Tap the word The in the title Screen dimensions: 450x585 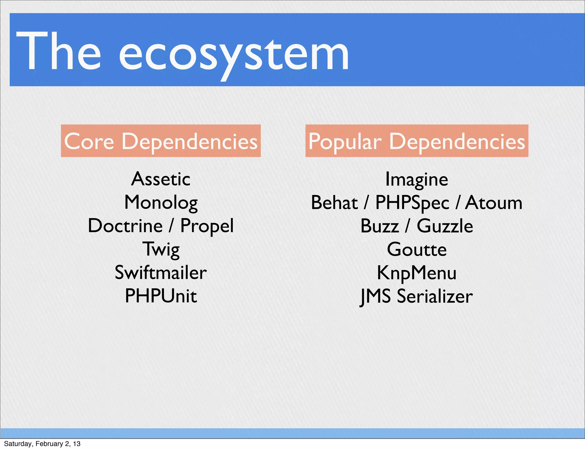click(59, 51)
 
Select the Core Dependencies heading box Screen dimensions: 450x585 click(161, 141)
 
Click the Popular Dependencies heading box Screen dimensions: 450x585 click(417, 141)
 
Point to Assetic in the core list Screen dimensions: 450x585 click(161, 179)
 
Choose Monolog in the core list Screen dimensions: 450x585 click(161, 203)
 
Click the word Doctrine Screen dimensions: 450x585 click(125, 226)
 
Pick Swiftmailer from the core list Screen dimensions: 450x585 click(161, 272)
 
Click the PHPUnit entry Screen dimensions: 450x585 click(161, 296)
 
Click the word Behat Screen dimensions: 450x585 click(334, 203)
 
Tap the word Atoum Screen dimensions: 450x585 click(494, 203)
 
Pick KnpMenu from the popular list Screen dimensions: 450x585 click(417, 273)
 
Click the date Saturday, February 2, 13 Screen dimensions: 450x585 click(42, 444)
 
